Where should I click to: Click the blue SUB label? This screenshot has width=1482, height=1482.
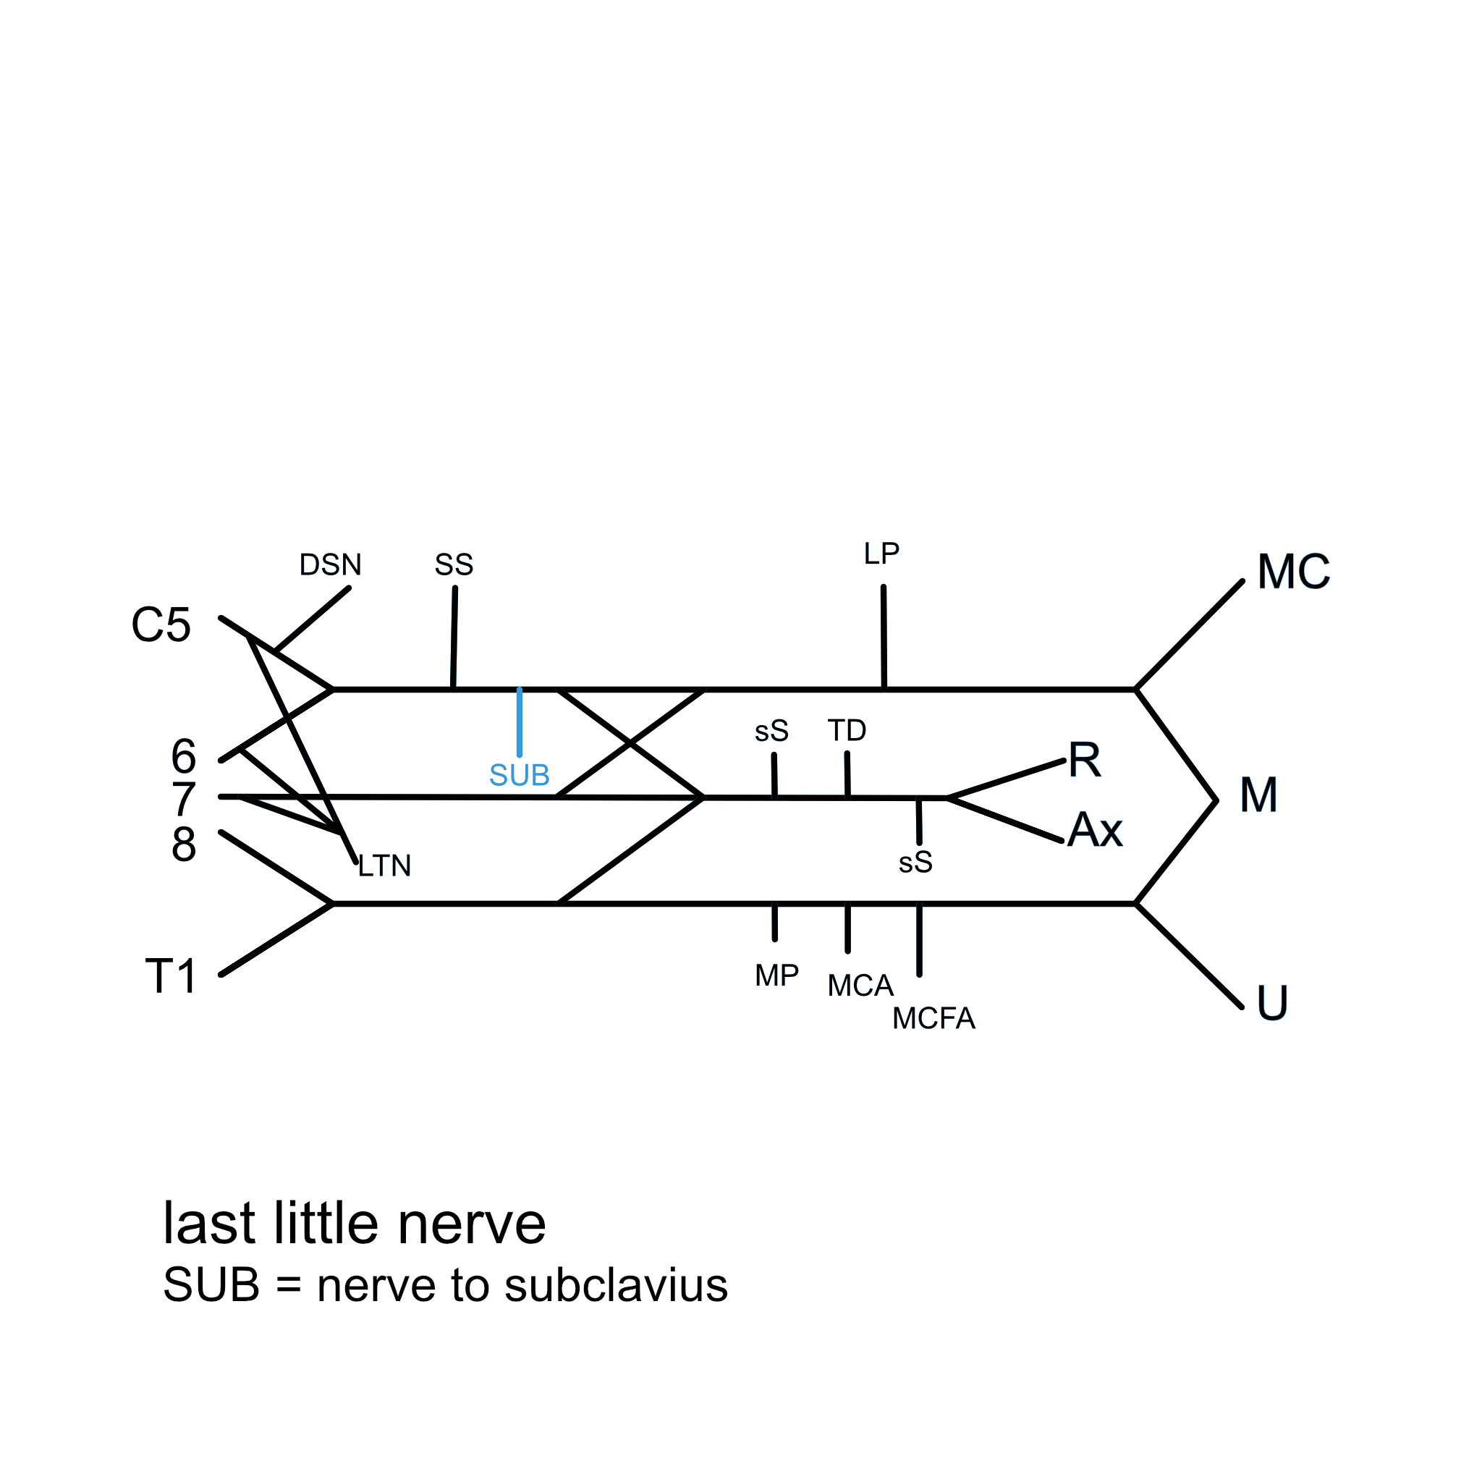(520, 776)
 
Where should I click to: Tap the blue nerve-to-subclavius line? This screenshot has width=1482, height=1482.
(520, 721)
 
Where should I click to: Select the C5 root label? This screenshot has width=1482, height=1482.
(161, 625)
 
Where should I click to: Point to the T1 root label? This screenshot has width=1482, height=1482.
(171, 976)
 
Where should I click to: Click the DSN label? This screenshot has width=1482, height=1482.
(330, 565)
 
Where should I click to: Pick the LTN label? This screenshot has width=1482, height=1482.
(384, 866)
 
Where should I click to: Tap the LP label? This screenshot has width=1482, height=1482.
(881, 554)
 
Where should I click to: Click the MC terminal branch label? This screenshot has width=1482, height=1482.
(1293, 572)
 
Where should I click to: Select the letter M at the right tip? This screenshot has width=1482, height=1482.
(1259, 795)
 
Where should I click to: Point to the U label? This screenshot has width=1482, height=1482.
(1272, 1004)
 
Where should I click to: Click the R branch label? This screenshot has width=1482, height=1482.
(1085, 761)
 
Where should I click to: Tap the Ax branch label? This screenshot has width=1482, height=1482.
(1095, 830)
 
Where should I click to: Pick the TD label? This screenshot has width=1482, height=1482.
(847, 730)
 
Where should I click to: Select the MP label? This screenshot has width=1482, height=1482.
(776, 975)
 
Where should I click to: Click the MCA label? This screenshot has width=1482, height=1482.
(860, 986)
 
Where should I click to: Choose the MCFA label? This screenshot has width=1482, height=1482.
(933, 1019)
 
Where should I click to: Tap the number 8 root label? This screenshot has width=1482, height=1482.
(183, 844)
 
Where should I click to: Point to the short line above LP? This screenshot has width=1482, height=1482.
(884, 637)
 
